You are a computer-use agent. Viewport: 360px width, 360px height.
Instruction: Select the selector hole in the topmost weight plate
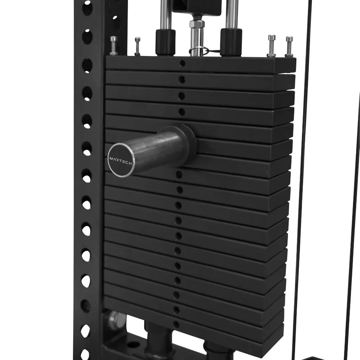[x=182, y=64]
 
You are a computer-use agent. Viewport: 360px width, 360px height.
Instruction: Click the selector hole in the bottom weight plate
[x=176, y=324]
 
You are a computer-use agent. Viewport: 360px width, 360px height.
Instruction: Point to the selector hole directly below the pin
[x=179, y=175]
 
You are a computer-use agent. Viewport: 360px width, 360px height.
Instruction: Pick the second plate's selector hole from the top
[x=182, y=80]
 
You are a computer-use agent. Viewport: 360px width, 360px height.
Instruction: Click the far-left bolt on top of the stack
[x=114, y=46]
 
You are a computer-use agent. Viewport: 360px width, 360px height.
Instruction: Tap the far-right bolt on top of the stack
[x=289, y=47]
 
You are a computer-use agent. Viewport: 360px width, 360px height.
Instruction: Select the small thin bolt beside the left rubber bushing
[x=137, y=46]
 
